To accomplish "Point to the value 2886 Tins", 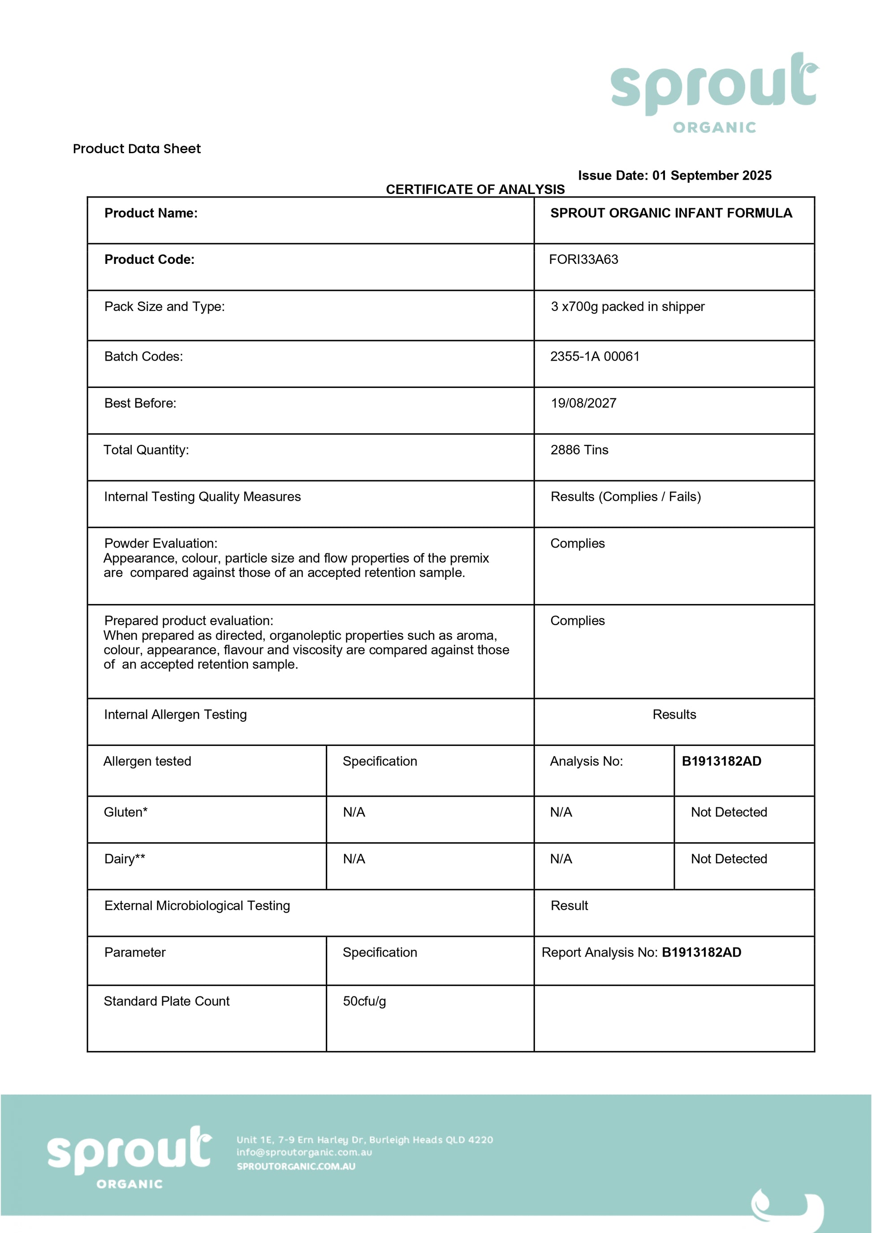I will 579,449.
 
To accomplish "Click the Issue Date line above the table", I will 674,175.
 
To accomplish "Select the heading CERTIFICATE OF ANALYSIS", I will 475,189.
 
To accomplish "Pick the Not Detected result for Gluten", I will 728,812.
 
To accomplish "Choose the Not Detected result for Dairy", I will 728,859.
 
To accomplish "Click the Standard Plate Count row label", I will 166,1001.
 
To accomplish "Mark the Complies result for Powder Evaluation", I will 577,543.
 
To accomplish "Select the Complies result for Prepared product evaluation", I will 577,621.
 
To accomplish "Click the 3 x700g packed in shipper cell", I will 627,306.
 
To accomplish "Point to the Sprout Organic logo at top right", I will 714,91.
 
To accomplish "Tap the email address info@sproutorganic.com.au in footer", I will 304,1152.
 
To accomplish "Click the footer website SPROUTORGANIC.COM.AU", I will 296,1166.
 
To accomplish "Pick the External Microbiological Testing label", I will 197,905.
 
